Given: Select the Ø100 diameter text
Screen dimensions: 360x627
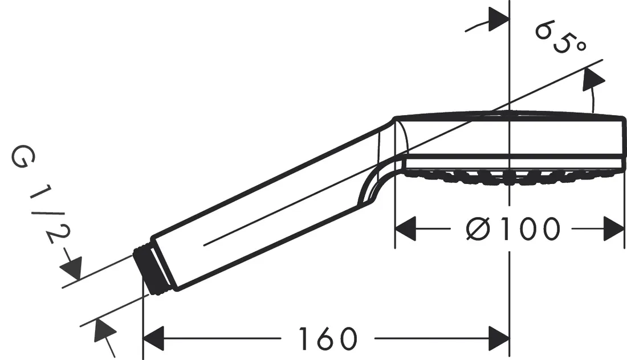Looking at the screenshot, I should [x=512, y=230].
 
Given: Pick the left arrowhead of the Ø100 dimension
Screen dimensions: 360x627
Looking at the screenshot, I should [x=406, y=230].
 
